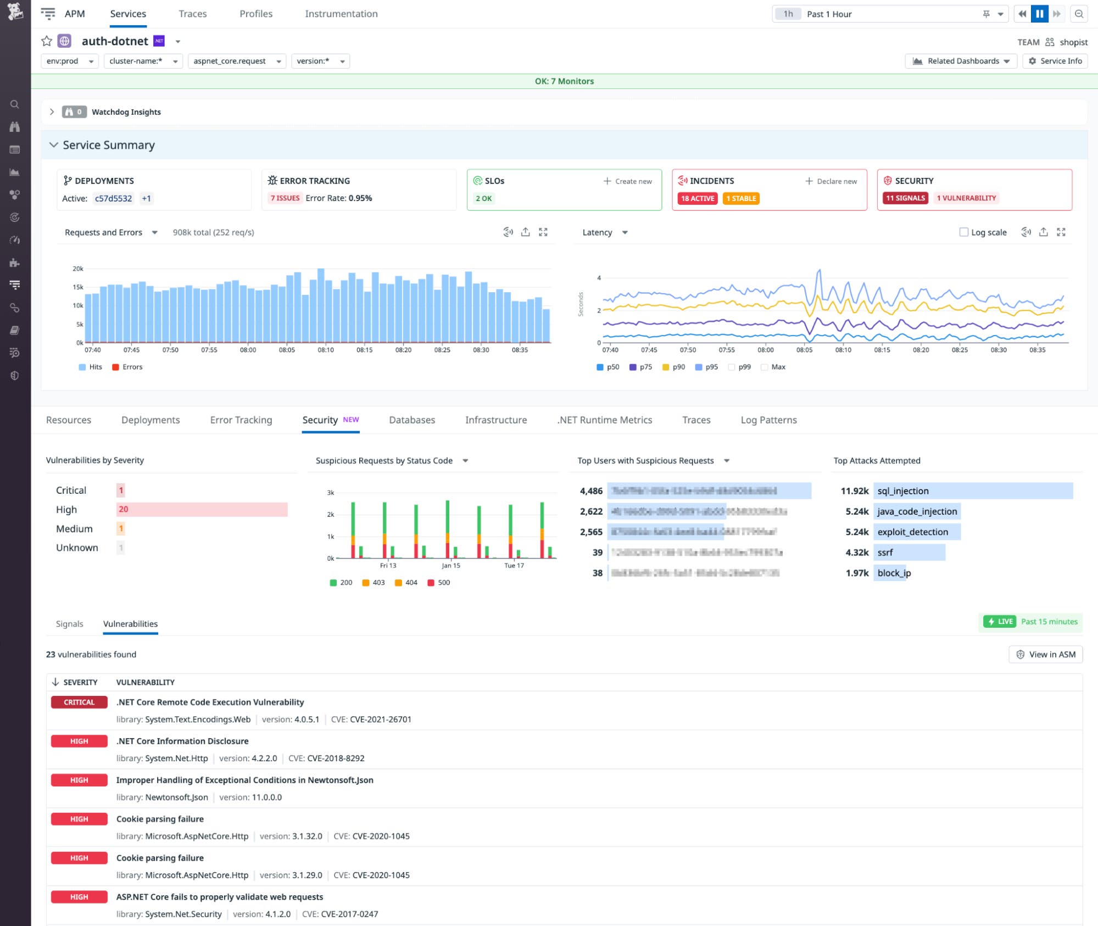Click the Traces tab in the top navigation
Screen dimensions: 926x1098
pyautogui.click(x=192, y=14)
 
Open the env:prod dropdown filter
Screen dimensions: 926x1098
pyautogui.click(x=70, y=61)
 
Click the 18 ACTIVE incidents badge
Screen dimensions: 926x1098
pyautogui.click(x=697, y=198)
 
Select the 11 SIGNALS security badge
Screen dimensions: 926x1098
pyautogui.click(x=905, y=198)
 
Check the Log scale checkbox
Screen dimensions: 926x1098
pyautogui.click(x=963, y=232)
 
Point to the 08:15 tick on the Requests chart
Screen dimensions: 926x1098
pyautogui.click(x=364, y=350)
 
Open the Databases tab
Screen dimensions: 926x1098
pyautogui.click(x=411, y=420)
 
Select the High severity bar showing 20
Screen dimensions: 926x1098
pyautogui.click(x=202, y=509)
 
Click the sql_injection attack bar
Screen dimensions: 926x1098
pyautogui.click(x=972, y=491)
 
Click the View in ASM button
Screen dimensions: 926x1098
pyautogui.click(x=1045, y=654)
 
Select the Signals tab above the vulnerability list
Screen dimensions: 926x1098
pyautogui.click(x=69, y=624)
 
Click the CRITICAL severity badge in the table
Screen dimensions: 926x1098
pyautogui.click(x=79, y=702)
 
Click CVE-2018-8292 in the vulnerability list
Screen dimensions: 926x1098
pyautogui.click(x=336, y=758)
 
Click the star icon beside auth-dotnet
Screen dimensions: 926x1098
pyautogui.click(x=47, y=41)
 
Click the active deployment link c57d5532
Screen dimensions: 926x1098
pyautogui.click(x=113, y=198)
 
